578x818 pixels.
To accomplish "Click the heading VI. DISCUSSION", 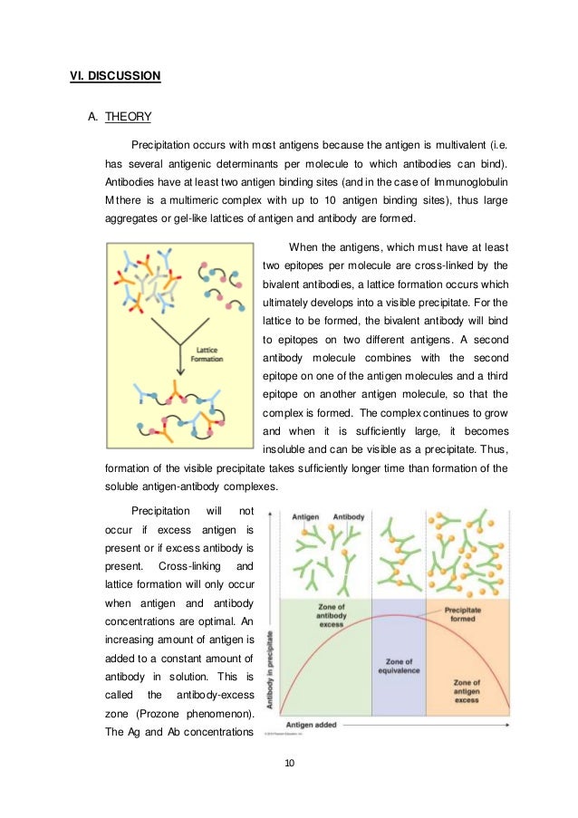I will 115,76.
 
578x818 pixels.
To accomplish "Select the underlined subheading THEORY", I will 129,117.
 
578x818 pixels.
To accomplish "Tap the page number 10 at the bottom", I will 289,763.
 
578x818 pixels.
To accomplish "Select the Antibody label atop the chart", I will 349,516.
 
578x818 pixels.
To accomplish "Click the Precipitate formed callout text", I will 468,615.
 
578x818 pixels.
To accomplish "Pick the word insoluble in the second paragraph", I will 289,450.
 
